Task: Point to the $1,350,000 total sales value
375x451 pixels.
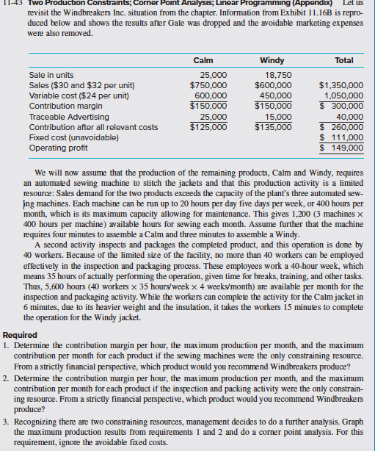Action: point(341,84)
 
